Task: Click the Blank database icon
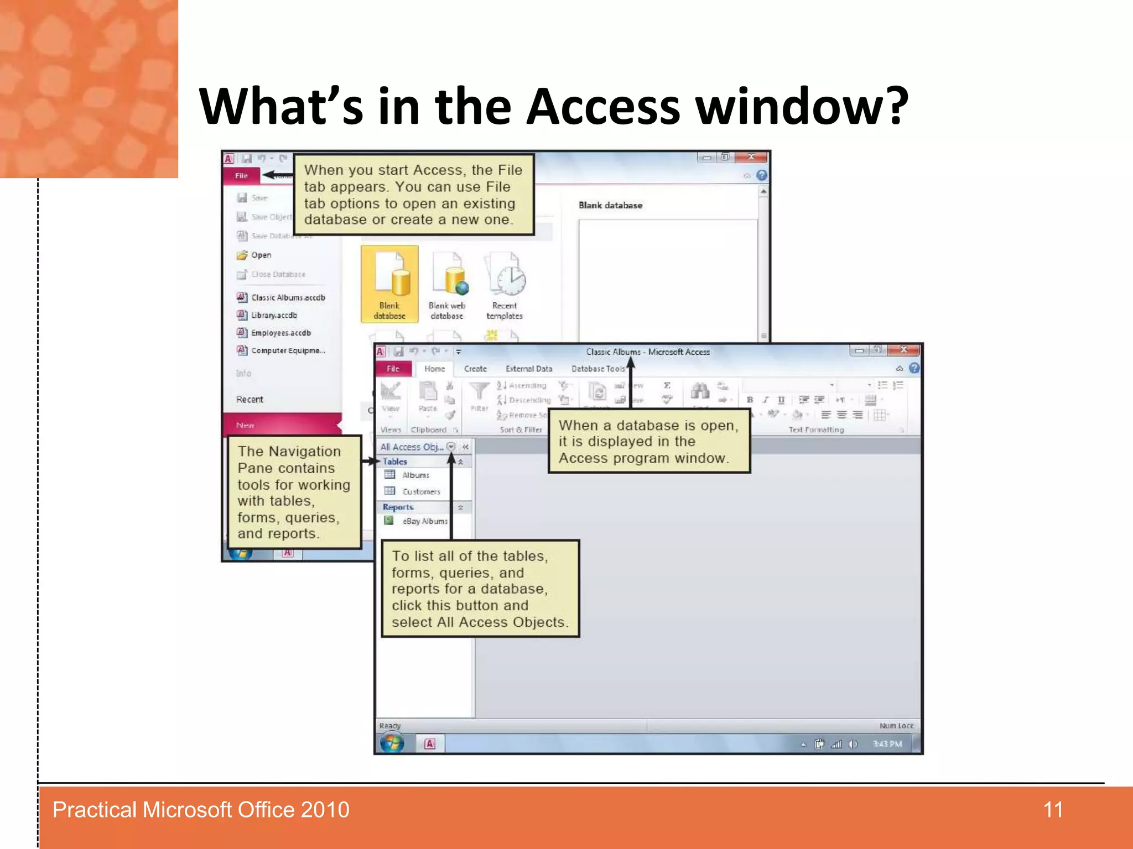pyautogui.click(x=389, y=284)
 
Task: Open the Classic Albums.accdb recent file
pyautogui.click(x=288, y=297)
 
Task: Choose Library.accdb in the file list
pyautogui.click(x=274, y=315)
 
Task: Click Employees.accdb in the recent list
pyautogui.click(x=280, y=333)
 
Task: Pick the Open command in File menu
pyautogui.click(x=261, y=255)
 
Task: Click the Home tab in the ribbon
pyautogui.click(x=434, y=369)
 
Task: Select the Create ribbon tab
pyautogui.click(x=475, y=369)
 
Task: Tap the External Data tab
pyautogui.click(x=529, y=369)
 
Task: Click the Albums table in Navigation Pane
pyautogui.click(x=415, y=475)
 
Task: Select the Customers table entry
pyautogui.click(x=421, y=491)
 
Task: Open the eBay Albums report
pyautogui.click(x=424, y=521)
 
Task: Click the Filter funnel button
pyautogui.click(x=479, y=395)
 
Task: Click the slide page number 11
pyautogui.click(x=1053, y=810)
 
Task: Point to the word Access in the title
pyautogui.click(x=603, y=106)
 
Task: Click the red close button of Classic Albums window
pyautogui.click(x=903, y=350)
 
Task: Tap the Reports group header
pyautogui.click(x=398, y=507)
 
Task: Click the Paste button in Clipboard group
pyautogui.click(x=428, y=396)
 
